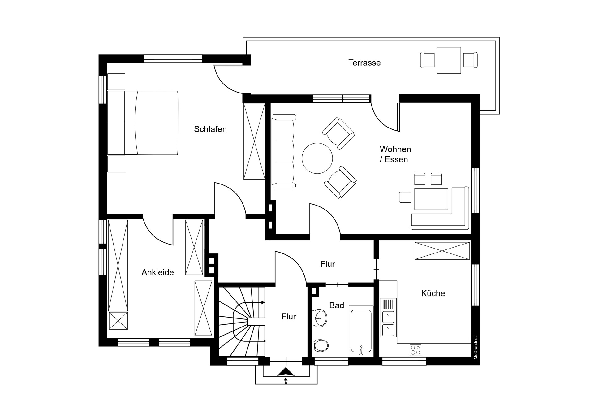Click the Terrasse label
(364, 63)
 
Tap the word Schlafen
(210, 129)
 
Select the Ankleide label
(157, 272)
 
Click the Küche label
(433, 293)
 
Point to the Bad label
(337, 305)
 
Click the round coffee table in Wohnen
(317, 158)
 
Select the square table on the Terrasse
(449, 60)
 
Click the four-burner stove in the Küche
(415, 350)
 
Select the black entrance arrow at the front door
(286, 372)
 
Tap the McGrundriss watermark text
(476, 347)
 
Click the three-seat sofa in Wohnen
(283, 151)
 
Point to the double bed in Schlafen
(143, 123)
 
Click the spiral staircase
(242, 322)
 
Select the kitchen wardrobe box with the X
(442, 251)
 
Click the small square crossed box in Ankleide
(118, 321)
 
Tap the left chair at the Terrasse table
(427, 60)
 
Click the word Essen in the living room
(396, 160)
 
